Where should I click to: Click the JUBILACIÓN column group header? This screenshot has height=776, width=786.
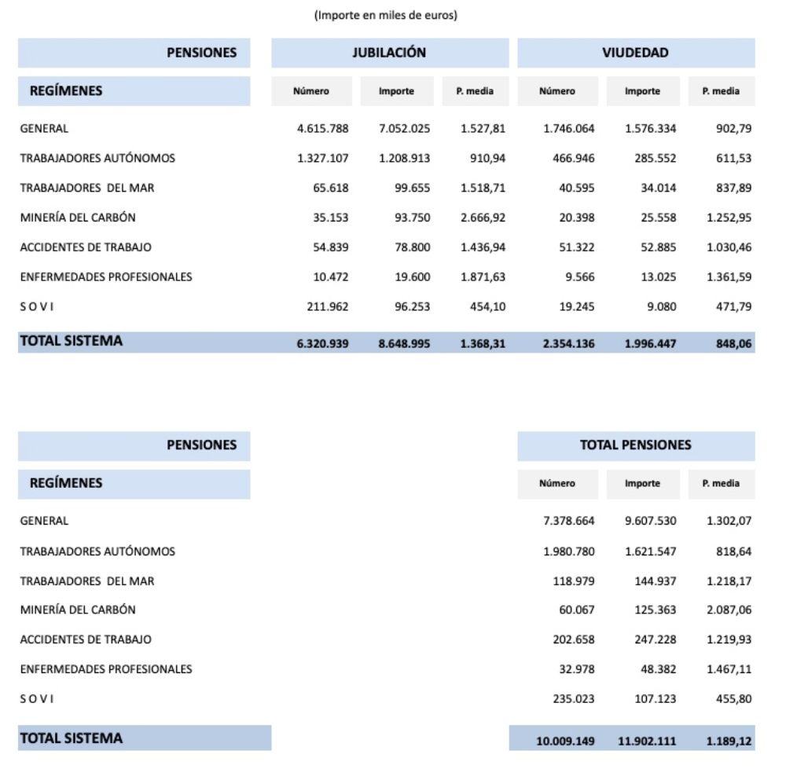[x=389, y=53]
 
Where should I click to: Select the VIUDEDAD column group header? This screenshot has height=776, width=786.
[x=635, y=53]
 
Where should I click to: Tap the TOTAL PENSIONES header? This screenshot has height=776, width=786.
[x=635, y=445]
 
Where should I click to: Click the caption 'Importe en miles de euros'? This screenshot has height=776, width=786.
[x=386, y=16]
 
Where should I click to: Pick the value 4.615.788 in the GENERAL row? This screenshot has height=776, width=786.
[x=322, y=128]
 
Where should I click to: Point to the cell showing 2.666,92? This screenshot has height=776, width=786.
[x=483, y=217]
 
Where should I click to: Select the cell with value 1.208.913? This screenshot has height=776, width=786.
[x=404, y=158]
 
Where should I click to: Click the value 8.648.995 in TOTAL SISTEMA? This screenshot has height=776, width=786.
[x=404, y=343]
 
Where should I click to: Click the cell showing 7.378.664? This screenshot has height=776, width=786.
[x=568, y=520]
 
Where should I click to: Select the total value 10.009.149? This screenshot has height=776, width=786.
[x=565, y=741]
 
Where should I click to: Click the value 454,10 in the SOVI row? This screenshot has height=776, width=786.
[x=488, y=306]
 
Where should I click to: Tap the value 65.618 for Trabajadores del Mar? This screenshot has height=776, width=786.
[x=331, y=188]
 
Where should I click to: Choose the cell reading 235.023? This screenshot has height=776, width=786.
[x=574, y=698]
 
